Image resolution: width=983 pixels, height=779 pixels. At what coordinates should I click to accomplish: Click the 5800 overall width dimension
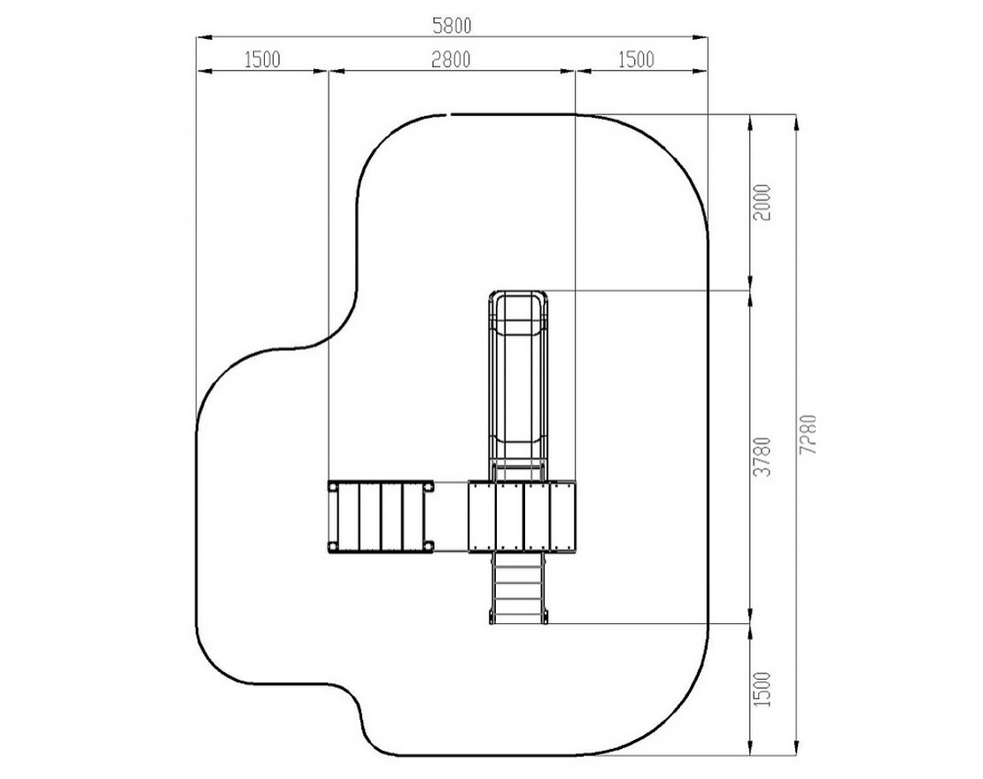tap(452, 26)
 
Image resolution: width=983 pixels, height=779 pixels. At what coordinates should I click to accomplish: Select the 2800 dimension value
tap(451, 59)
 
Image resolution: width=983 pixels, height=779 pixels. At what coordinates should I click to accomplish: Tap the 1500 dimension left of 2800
tap(261, 59)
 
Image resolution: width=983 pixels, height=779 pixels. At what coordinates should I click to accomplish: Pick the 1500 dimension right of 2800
tap(635, 59)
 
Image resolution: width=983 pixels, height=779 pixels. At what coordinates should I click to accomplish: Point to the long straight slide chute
tap(519, 390)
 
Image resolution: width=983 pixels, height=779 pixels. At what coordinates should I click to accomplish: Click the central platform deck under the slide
tap(522, 516)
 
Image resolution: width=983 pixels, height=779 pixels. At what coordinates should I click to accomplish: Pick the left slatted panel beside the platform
tap(381, 516)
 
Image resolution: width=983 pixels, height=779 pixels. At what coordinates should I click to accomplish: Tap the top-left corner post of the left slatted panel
tap(334, 486)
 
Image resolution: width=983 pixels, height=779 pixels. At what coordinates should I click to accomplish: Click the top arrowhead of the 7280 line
tap(796, 121)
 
